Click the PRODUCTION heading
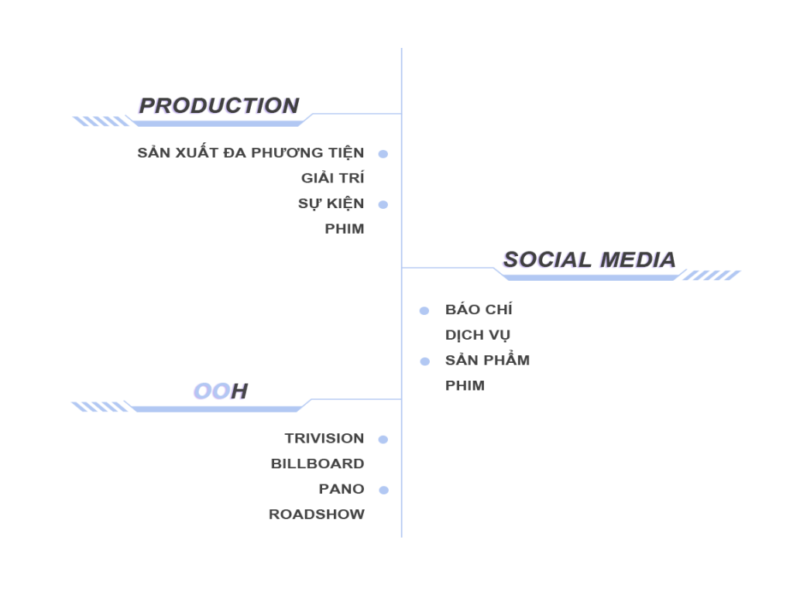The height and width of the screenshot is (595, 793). click(218, 106)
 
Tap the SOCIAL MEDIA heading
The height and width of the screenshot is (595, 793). click(588, 260)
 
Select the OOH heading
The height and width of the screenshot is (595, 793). click(219, 392)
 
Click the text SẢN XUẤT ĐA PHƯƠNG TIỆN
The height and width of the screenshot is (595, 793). click(250, 153)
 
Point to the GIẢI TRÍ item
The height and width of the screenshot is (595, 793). click(332, 179)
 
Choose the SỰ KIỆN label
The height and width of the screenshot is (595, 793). click(331, 204)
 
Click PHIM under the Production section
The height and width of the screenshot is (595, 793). click(344, 229)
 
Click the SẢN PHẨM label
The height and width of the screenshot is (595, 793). click(487, 361)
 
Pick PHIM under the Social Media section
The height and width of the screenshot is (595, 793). click(465, 385)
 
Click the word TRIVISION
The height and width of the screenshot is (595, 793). click(324, 439)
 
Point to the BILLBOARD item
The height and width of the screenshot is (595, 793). click(318, 464)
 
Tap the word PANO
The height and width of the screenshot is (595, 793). click(341, 489)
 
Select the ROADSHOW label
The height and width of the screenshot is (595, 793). click(316, 515)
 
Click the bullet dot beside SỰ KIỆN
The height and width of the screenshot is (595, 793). click(383, 204)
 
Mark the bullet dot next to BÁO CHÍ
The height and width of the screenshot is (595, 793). click(424, 311)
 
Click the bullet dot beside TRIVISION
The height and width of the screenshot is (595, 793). click(383, 439)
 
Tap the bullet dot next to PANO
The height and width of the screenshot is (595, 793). click(383, 490)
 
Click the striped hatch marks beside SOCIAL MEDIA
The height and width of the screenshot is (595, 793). click(710, 275)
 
